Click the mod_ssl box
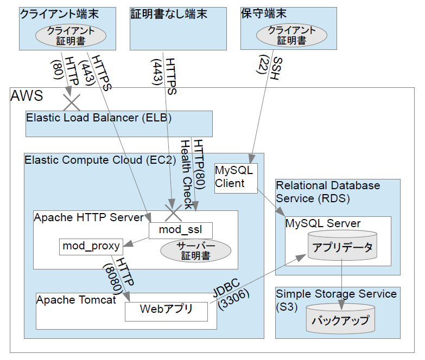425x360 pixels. [180, 230]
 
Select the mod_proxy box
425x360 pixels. [91, 246]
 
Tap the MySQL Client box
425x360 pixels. [233, 177]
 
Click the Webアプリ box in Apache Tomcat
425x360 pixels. [166, 310]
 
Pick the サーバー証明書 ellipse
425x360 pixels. [195, 250]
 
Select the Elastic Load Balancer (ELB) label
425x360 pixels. [99, 118]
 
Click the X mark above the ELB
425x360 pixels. [71, 102]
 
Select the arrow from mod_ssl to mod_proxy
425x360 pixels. [136, 242]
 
